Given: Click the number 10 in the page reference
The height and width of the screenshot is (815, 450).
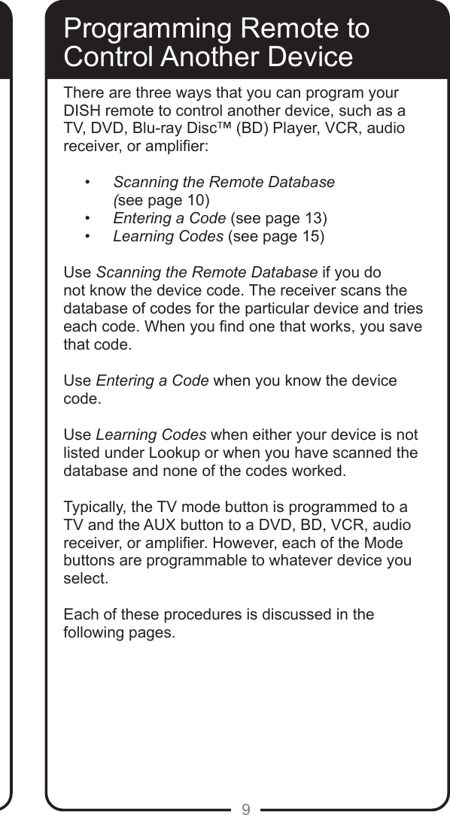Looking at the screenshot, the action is coord(196,199).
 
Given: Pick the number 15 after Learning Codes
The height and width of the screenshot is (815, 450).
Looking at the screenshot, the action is coord(310,238).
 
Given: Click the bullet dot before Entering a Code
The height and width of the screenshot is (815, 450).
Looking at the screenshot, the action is coord(89,219).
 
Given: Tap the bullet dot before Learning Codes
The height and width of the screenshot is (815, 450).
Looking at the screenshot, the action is coord(89,238).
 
